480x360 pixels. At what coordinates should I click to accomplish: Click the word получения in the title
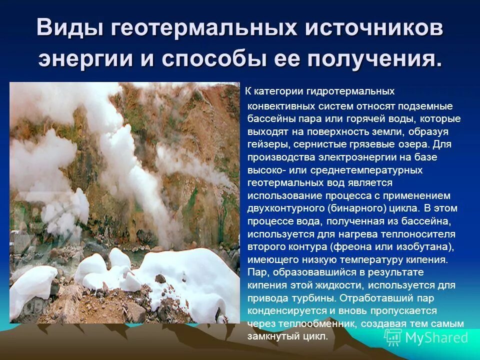click(374, 59)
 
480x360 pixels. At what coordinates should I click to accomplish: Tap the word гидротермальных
click(358, 92)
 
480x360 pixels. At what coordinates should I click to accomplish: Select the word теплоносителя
click(414, 234)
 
